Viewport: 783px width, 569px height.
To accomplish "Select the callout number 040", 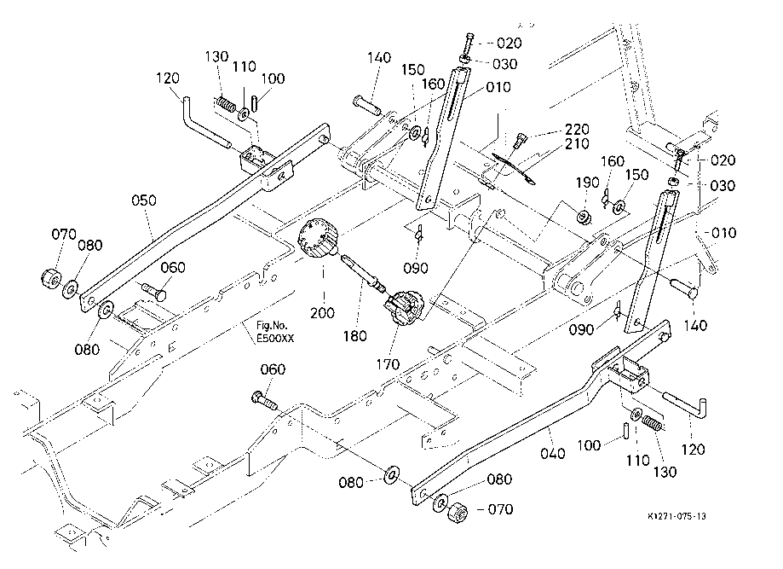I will coord(552,454).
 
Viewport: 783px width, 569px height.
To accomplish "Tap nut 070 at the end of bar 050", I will coord(49,279).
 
